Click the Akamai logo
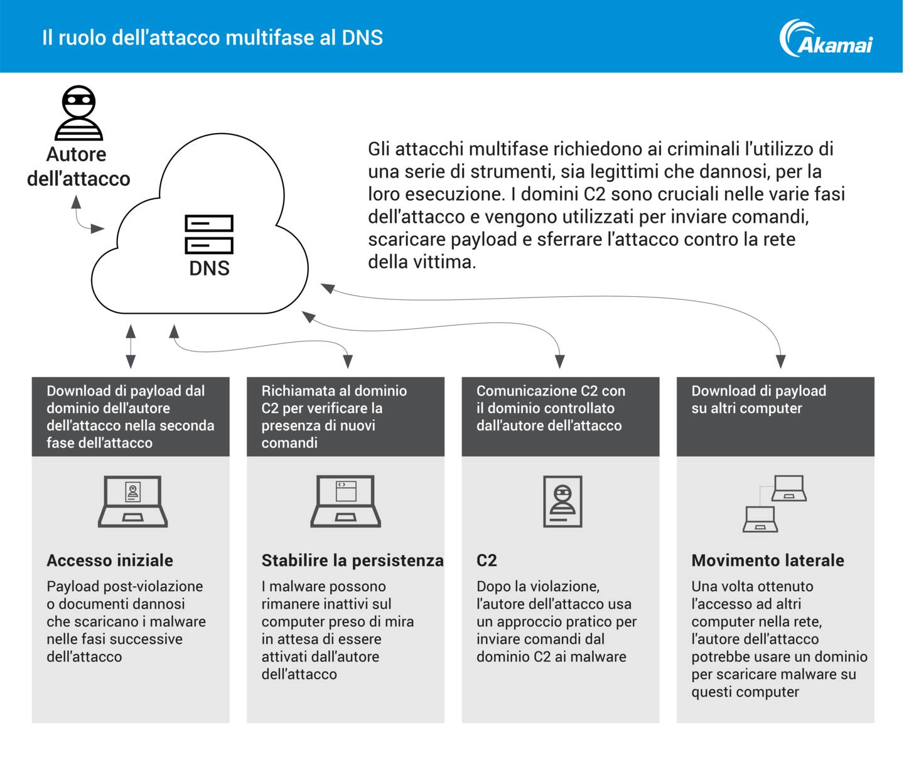[826, 38]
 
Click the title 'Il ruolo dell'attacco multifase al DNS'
[212, 38]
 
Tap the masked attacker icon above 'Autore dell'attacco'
[78, 113]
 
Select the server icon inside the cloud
[209, 234]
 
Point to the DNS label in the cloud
[209, 269]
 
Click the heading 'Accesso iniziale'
[110, 560]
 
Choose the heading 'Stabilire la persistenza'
[352, 560]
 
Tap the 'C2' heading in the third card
[487, 560]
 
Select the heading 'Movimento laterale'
[768, 560]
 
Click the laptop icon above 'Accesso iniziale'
[132, 501]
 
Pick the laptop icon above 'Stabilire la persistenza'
[346, 501]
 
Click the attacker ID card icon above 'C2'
[562, 501]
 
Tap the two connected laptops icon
[774, 503]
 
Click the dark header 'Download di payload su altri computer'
[775, 416]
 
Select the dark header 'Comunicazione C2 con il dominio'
[560, 416]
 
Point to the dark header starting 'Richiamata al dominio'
[345, 416]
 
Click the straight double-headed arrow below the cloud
[131, 346]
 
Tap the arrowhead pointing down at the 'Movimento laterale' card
[780, 361]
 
